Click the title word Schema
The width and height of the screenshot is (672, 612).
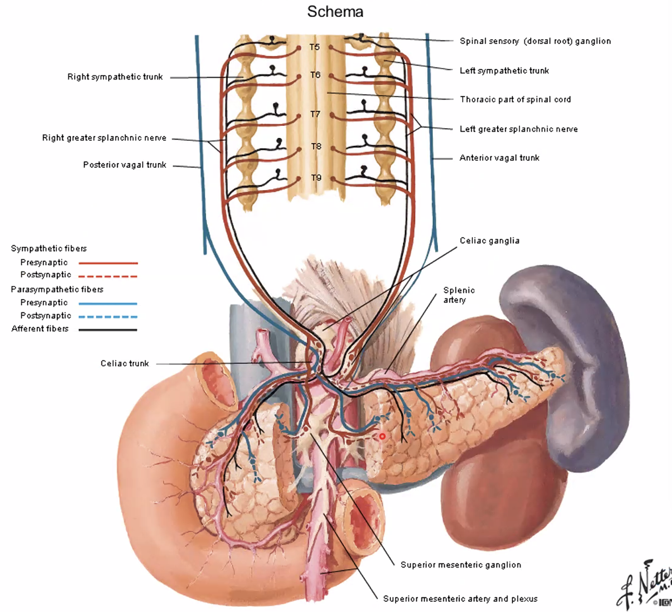[x=335, y=12]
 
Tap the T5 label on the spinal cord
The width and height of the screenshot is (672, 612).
[x=315, y=47]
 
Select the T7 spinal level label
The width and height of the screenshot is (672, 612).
[x=315, y=114]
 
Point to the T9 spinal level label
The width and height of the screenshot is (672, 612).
[x=316, y=178]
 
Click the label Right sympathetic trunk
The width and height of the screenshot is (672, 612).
[x=115, y=77]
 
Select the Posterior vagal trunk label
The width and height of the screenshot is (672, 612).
[x=124, y=165]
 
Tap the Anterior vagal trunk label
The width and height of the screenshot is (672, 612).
[x=499, y=158]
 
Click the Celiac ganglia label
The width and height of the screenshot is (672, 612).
[x=489, y=240]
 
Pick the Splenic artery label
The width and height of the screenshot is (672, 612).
[x=458, y=295]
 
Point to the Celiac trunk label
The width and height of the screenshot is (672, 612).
[x=124, y=363]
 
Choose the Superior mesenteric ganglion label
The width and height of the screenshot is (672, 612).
[x=460, y=565]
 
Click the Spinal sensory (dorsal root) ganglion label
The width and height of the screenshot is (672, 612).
[x=535, y=41]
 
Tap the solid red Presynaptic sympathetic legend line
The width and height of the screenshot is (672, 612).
[x=108, y=263]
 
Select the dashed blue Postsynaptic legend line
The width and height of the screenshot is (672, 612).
[x=108, y=317]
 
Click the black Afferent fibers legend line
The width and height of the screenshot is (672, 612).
[x=108, y=330]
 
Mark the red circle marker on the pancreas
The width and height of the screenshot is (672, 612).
[x=382, y=436]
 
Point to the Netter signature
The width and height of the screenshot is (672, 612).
[x=646, y=585]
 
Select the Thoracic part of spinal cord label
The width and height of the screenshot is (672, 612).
[x=515, y=100]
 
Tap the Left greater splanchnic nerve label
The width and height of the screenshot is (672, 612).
[x=519, y=129]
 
